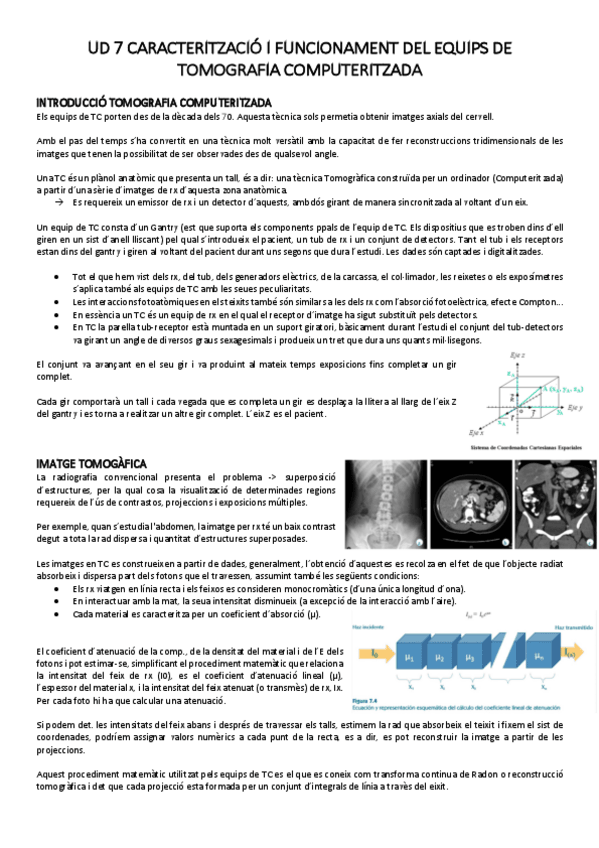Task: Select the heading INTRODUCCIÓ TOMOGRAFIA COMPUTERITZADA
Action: (153, 102)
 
